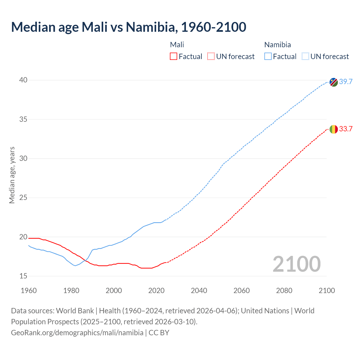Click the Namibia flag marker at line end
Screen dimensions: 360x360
click(x=334, y=82)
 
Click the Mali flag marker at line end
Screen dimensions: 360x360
click(x=334, y=129)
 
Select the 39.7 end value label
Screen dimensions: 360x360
click(x=346, y=82)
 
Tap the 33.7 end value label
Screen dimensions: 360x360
click(x=346, y=129)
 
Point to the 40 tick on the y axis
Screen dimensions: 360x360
click(x=23, y=80)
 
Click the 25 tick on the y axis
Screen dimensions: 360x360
click(x=23, y=198)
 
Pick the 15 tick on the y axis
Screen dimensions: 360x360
click(x=23, y=276)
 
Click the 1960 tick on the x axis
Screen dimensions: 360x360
click(x=29, y=291)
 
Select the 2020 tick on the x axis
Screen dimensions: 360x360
click(x=156, y=291)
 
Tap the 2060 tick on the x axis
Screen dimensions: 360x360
click(x=242, y=291)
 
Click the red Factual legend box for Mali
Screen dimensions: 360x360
click(x=174, y=57)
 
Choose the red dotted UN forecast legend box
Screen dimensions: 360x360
click(x=211, y=57)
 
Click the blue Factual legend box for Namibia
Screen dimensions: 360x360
click(x=268, y=57)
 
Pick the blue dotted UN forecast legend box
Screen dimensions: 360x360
click(x=305, y=57)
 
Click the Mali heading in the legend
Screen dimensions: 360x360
click(x=177, y=45)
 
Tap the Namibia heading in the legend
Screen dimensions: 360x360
click(x=277, y=45)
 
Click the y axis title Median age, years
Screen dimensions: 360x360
click(x=12, y=175)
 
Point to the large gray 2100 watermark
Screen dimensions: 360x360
click(x=296, y=264)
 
